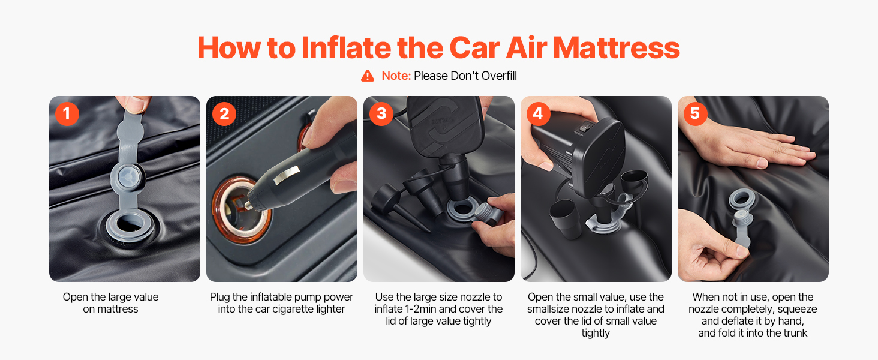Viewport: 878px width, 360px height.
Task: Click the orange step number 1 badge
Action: click(x=67, y=114)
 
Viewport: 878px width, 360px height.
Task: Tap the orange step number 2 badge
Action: click(x=224, y=114)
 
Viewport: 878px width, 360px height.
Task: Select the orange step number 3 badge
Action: click(x=381, y=114)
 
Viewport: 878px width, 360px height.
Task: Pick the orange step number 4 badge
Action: click(x=538, y=114)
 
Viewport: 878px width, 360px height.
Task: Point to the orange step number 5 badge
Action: click(x=695, y=114)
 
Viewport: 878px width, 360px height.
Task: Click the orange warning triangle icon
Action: click(x=368, y=76)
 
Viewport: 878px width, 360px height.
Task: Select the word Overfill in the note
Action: click(x=499, y=76)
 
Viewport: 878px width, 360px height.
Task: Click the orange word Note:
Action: click(x=396, y=76)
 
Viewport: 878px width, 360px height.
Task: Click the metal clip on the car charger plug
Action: click(x=287, y=175)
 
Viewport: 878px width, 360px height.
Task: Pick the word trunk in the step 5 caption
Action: click(x=793, y=333)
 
